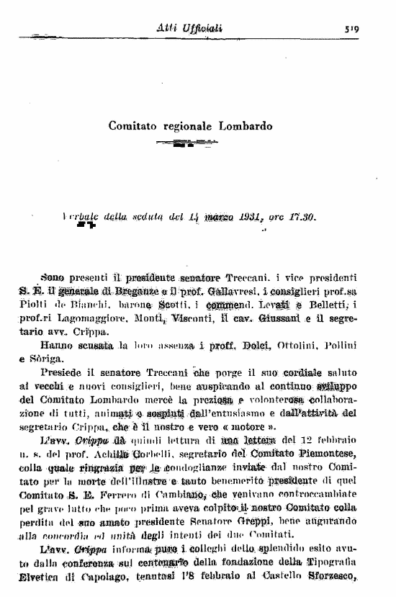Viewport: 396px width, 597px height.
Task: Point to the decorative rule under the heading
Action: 186,143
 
